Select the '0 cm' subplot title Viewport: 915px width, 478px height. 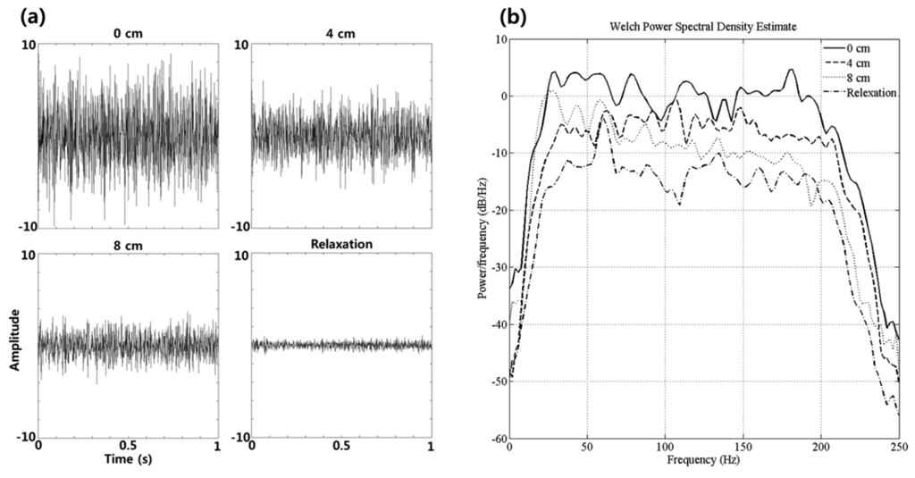tap(128, 36)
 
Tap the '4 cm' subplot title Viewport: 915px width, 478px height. tap(342, 36)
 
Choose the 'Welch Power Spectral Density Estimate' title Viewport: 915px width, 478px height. tap(703, 28)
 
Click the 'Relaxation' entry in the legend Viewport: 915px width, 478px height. tap(868, 92)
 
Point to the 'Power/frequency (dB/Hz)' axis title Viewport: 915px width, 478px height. tap(483, 239)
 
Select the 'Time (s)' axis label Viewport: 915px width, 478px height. tap(129, 459)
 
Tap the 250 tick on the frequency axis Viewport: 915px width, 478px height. tap(898, 448)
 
